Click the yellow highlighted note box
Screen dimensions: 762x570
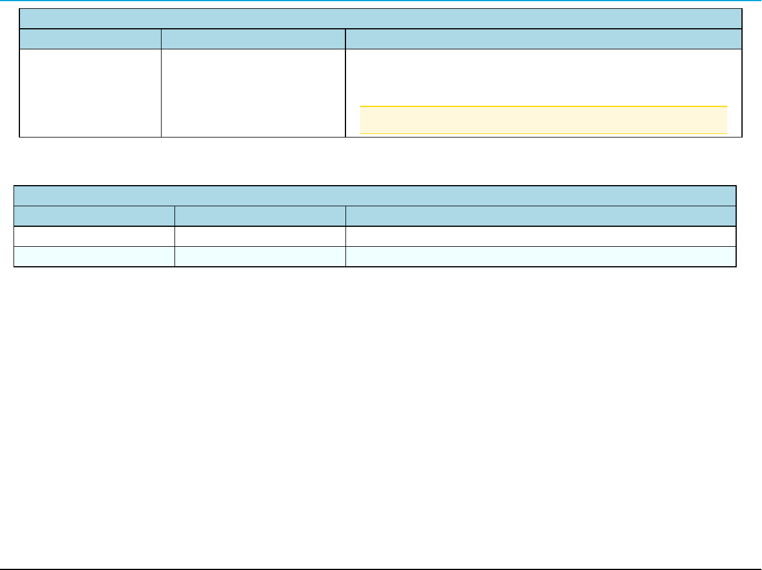tap(543, 120)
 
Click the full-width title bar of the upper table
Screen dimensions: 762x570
tap(381, 19)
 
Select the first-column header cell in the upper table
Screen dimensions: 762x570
tap(90, 39)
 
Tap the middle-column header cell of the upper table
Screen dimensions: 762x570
tap(253, 39)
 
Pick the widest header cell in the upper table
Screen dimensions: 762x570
tap(543, 39)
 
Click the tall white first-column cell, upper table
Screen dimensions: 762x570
tap(90, 93)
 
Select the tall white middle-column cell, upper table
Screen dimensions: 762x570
tap(253, 93)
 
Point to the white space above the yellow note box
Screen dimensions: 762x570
tap(543, 76)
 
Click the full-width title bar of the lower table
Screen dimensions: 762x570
tap(375, 196)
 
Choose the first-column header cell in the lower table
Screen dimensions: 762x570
tap(94, 216)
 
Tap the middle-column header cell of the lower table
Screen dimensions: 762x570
tap(260, 216)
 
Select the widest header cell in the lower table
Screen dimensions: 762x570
tap(541, 216)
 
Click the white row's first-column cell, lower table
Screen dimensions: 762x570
tap(94, 236)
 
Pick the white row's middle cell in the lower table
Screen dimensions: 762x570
tap(260, 236)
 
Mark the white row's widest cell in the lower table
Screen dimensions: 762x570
tap(541, 236)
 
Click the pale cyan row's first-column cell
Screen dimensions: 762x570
tap(94, 256)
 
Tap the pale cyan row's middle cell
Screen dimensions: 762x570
tap(260, 256)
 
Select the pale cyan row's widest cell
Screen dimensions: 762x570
tap(541, 256)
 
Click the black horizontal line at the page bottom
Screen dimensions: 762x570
tap(381, 568)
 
